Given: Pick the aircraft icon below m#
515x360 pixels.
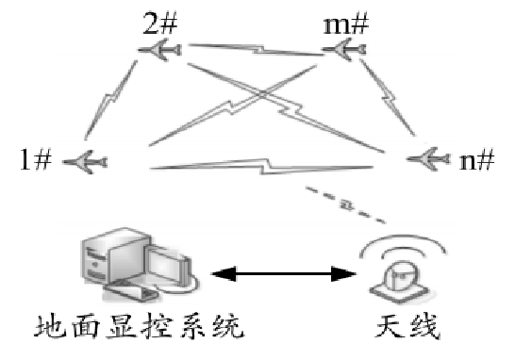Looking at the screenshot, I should click(x=345, y=55).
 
